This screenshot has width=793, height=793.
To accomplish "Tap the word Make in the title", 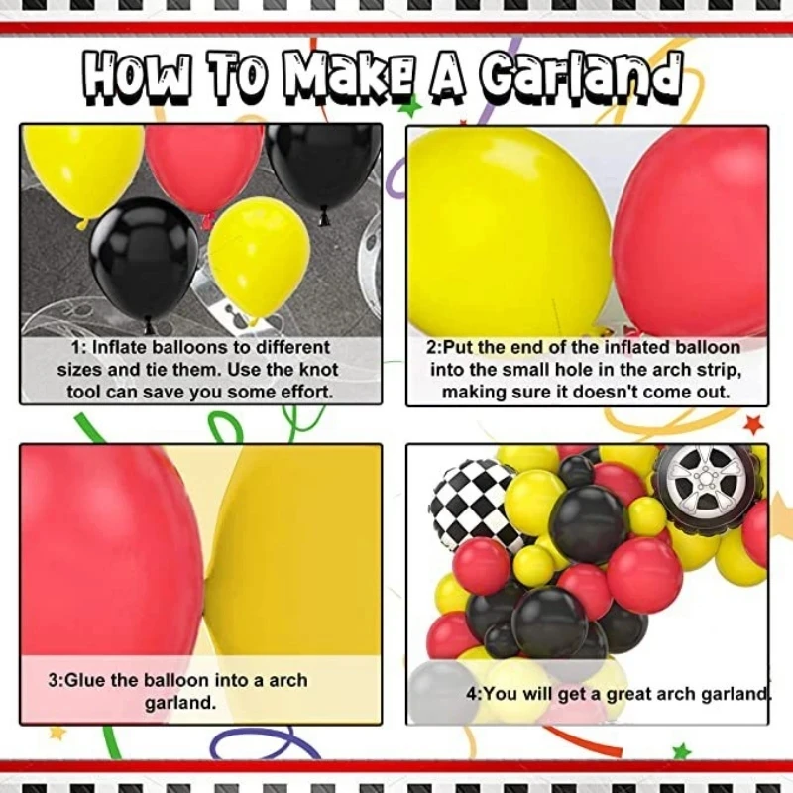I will (x=355, y=77).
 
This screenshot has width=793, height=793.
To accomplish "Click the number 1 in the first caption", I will (x=75, y=348).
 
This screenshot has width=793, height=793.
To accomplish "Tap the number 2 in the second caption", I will (x=432, y=348).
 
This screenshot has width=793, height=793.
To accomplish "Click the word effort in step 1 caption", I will (x=303, y=392).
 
